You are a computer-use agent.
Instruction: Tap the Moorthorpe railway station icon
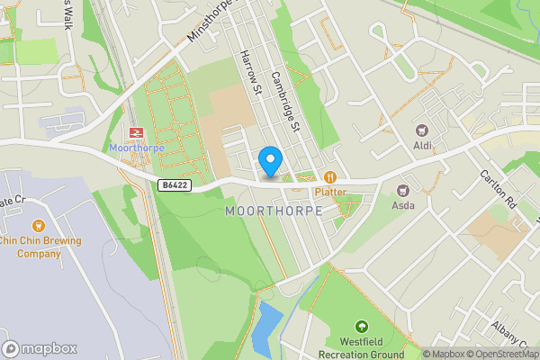(136, 132)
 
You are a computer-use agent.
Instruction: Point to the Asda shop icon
(402, 189)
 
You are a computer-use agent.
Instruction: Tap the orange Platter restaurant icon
(330, 177)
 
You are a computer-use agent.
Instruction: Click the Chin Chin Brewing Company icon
(38, 226)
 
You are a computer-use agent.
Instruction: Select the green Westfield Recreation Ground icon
(361, 326)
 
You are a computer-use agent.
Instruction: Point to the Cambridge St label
(284, 102)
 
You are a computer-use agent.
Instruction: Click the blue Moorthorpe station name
(135, 148)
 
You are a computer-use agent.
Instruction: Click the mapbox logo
(40, 349)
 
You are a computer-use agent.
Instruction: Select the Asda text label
(402, 204)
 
